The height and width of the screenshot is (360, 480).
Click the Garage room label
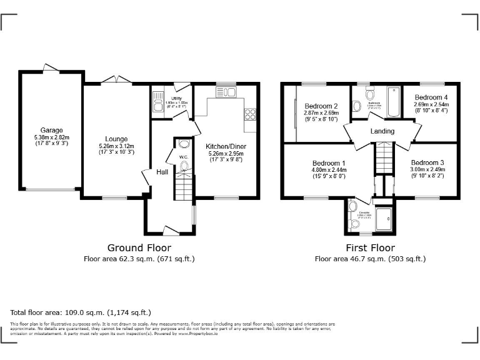(51, 131)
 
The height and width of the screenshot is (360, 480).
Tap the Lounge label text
(116, 139)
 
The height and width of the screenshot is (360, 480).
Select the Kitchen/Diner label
(226, 146)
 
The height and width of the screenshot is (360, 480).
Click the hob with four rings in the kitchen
(250, 114)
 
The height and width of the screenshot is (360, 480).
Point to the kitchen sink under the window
(226, 92)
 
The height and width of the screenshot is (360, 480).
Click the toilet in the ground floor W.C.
(184, 166)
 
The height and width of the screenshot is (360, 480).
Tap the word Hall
(162, 172)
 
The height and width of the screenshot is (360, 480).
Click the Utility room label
(172, 99)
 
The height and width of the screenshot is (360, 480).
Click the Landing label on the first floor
(382, 131)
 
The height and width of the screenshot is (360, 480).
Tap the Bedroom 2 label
(321, 106)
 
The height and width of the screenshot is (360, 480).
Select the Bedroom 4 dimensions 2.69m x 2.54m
(431, 104)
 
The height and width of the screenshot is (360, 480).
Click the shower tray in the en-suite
(386, 216)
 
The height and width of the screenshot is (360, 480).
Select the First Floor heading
(370, 247)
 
